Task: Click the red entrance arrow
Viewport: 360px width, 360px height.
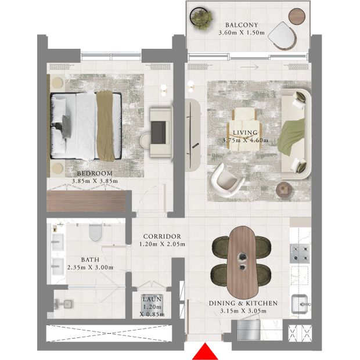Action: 205,352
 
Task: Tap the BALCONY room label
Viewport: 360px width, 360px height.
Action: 242,25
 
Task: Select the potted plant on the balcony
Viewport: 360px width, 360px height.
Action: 201,19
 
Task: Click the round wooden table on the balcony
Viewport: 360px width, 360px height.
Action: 297,16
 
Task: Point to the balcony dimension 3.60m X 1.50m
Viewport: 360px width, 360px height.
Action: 242,33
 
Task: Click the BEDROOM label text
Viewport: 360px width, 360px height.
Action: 95,174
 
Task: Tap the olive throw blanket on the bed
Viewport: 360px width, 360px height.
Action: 105,125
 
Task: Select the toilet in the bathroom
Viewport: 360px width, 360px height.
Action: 95,232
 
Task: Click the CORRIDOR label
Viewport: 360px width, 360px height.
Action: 162,236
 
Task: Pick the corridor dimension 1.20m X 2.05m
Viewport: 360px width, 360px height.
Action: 162,244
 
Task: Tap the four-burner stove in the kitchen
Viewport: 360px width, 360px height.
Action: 300,254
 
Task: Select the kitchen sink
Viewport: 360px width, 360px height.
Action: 300,304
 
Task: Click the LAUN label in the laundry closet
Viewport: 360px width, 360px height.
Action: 152,300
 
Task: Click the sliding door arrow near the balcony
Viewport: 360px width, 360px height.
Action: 249,67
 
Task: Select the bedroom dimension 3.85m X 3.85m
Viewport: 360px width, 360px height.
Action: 95,181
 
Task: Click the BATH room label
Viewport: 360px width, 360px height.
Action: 90,260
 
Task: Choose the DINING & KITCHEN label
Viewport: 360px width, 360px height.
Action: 243,303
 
